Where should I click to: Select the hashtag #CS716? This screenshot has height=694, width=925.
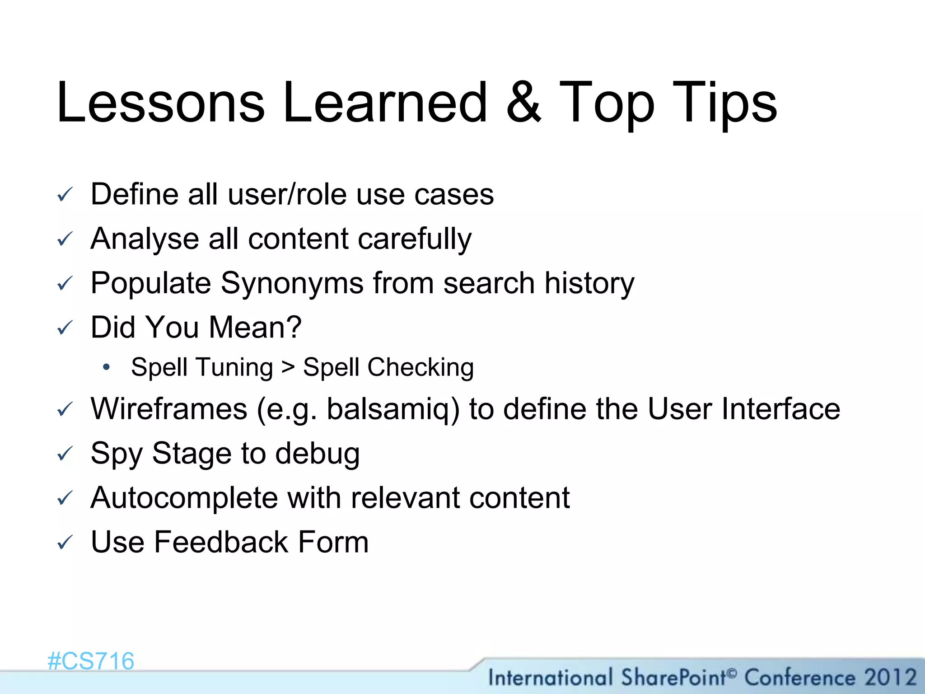[x=91, y=661]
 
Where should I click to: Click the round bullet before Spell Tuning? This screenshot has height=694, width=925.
[x=106, y=367]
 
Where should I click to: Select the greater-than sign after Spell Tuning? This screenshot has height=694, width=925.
[x=288, y=367]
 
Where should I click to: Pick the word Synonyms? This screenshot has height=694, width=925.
[x=292, y=283]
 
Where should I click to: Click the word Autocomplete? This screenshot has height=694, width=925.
[x=184, y=498]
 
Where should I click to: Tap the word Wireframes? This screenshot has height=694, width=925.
[x=169, y=409]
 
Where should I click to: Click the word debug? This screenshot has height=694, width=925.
[x=318, y=454]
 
